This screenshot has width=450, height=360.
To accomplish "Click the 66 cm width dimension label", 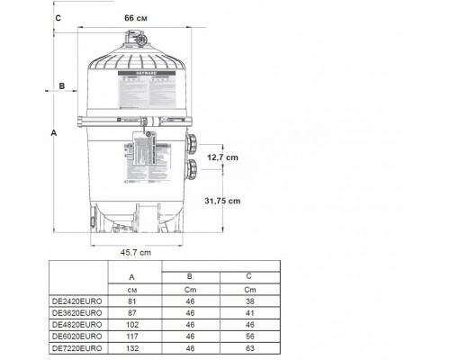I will [x=137, y=17].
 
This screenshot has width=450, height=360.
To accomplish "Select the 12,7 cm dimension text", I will [x=225, y=157].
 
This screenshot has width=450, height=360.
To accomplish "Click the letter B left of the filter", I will [x=61, y=86].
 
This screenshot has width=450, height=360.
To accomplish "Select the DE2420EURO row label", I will [x=79, y=302].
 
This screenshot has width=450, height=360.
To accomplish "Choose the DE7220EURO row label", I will [x=79, y=346].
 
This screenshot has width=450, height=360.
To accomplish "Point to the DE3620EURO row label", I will [x=79, y=313].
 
